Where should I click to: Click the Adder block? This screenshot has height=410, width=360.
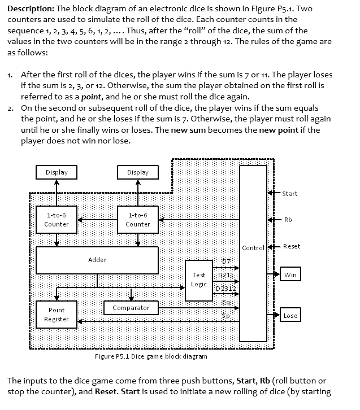(x=97, y=260)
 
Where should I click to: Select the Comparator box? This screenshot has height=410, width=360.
(x=131, y=308)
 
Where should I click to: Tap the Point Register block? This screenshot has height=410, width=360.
(x=57, y=315)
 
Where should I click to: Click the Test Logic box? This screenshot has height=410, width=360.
(x=198, y=280)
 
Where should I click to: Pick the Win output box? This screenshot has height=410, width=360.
(x=290, y=275)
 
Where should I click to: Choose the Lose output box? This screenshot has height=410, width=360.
(x=290, y=316)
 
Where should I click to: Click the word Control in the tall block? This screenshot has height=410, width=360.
(x=253, y=248)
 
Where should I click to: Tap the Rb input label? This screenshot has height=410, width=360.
(x=288, y=220)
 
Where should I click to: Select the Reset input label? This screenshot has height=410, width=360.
(x=292, y=246)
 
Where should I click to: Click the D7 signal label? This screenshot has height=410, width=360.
(x=225, y=262)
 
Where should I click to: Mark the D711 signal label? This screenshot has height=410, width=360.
(x=226, y=275)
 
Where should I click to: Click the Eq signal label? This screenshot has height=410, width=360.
(x=225, y=302)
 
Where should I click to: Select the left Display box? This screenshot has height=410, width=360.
(x=57, y=172)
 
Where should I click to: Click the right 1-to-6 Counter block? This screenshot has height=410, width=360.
(x=138, y=220)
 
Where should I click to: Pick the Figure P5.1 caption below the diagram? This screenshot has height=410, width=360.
(x=150, y=356)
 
